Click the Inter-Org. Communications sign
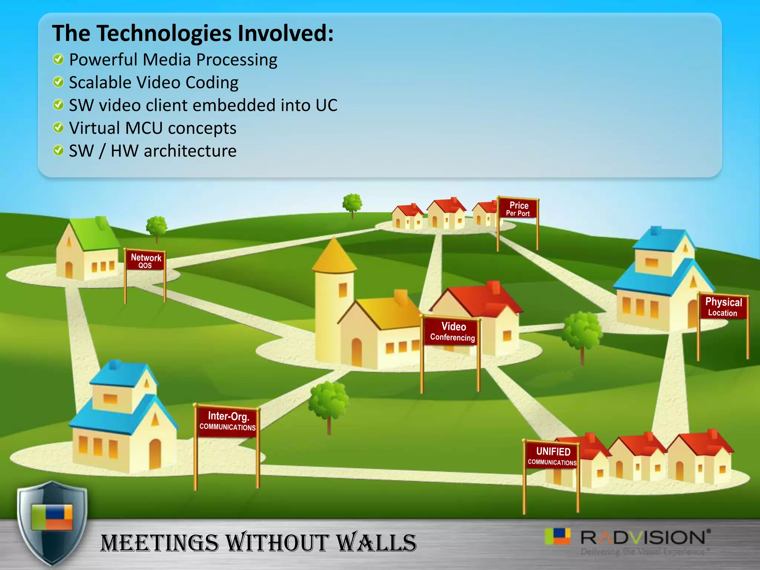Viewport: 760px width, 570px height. coord(227,421)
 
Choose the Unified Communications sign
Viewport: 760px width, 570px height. coord(552,456)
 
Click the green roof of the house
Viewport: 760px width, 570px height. coord(92,234)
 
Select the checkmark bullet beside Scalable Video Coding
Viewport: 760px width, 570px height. coord(58,82)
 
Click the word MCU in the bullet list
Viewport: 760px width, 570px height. coord(144,128)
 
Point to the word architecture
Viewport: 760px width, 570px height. coord(190,151)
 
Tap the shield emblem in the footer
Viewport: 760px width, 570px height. coord(52,523)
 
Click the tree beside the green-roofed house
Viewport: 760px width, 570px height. coord(156,227)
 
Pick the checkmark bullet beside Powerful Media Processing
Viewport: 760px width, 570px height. coord(58,59)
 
